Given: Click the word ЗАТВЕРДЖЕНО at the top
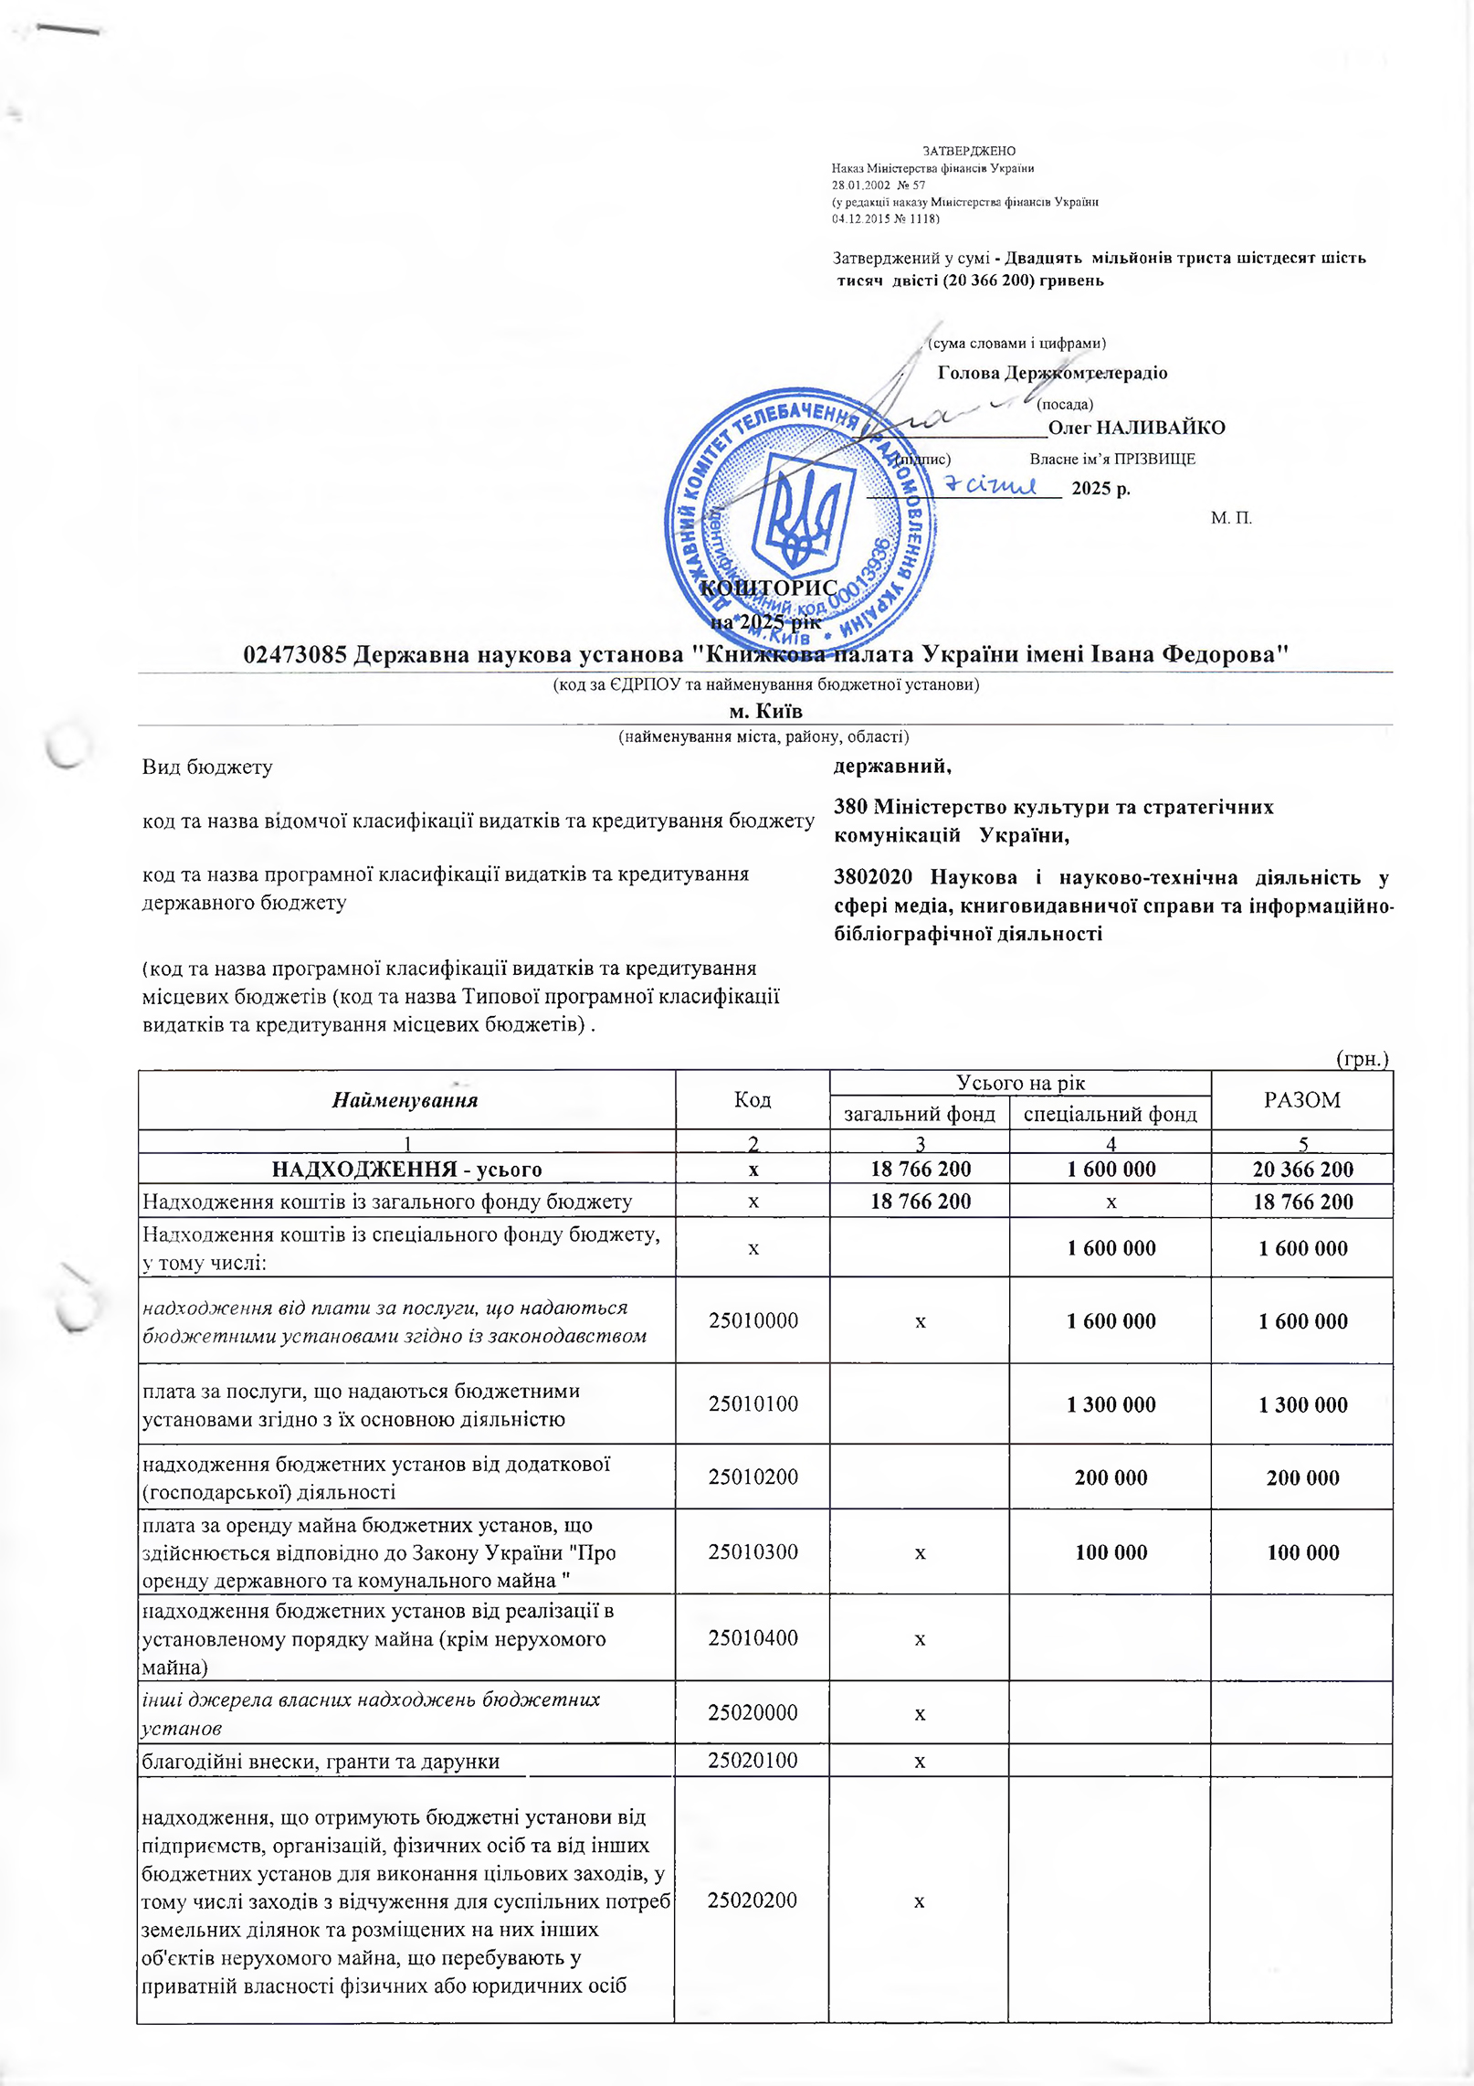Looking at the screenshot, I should tap(969, 151).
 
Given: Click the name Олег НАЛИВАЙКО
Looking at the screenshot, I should tap(1136, 428).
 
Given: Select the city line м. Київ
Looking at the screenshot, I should tap(765, 710).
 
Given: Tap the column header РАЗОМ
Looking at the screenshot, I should tap(1302, 1100).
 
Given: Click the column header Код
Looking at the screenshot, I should tap(753, 1100).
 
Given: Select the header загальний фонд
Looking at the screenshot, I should tap(920, 1114).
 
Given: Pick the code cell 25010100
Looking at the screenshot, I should tap(753, 1403).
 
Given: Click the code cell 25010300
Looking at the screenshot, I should tap(753, 1551).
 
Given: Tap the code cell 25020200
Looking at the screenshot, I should tap(753, 1901).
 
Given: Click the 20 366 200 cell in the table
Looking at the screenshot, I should tap(1302, 1170).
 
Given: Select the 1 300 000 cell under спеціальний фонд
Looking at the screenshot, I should tap(1111, 1404).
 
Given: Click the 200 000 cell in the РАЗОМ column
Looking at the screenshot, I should tap(1302, 1477).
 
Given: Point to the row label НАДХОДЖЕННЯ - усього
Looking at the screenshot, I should tap(407, 1170).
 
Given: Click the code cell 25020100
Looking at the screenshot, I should tap(753, 1761).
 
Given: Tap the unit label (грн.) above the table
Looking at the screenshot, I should tap(1362, 1059).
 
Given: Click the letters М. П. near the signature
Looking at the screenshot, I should tap(1231, 518).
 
